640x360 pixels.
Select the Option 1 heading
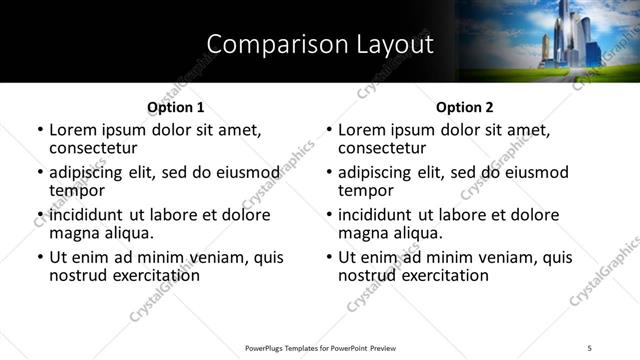pos(175,107)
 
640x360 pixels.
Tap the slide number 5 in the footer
pos(590,347)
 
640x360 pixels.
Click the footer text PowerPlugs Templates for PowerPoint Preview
pos(320,347)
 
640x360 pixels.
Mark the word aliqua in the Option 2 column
pos(418,233)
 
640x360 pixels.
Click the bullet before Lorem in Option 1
pos(40,131)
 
